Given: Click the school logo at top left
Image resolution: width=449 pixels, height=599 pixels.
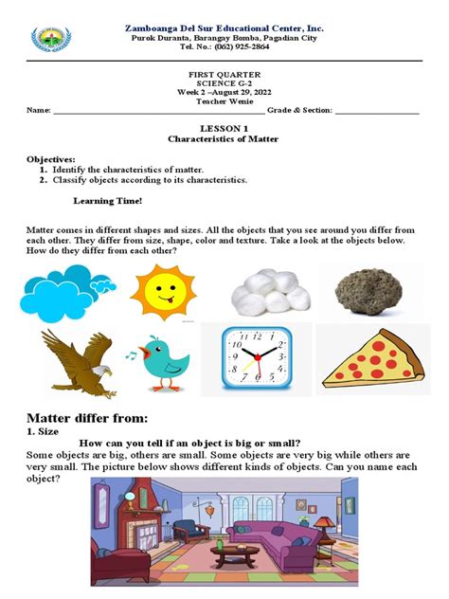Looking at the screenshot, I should [x=50, y=39].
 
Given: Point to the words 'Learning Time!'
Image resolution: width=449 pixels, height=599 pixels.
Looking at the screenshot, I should [x=108, y=201].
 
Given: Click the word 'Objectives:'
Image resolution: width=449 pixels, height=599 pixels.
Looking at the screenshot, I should [x=53, y=159].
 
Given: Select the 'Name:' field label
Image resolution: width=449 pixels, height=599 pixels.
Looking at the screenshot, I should [x=39, y=111].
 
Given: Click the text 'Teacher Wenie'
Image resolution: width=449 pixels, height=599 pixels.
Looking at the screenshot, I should [x=224, y=100].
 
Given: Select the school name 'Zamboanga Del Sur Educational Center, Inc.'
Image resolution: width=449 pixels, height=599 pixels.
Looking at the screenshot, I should [x=224, y=28].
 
